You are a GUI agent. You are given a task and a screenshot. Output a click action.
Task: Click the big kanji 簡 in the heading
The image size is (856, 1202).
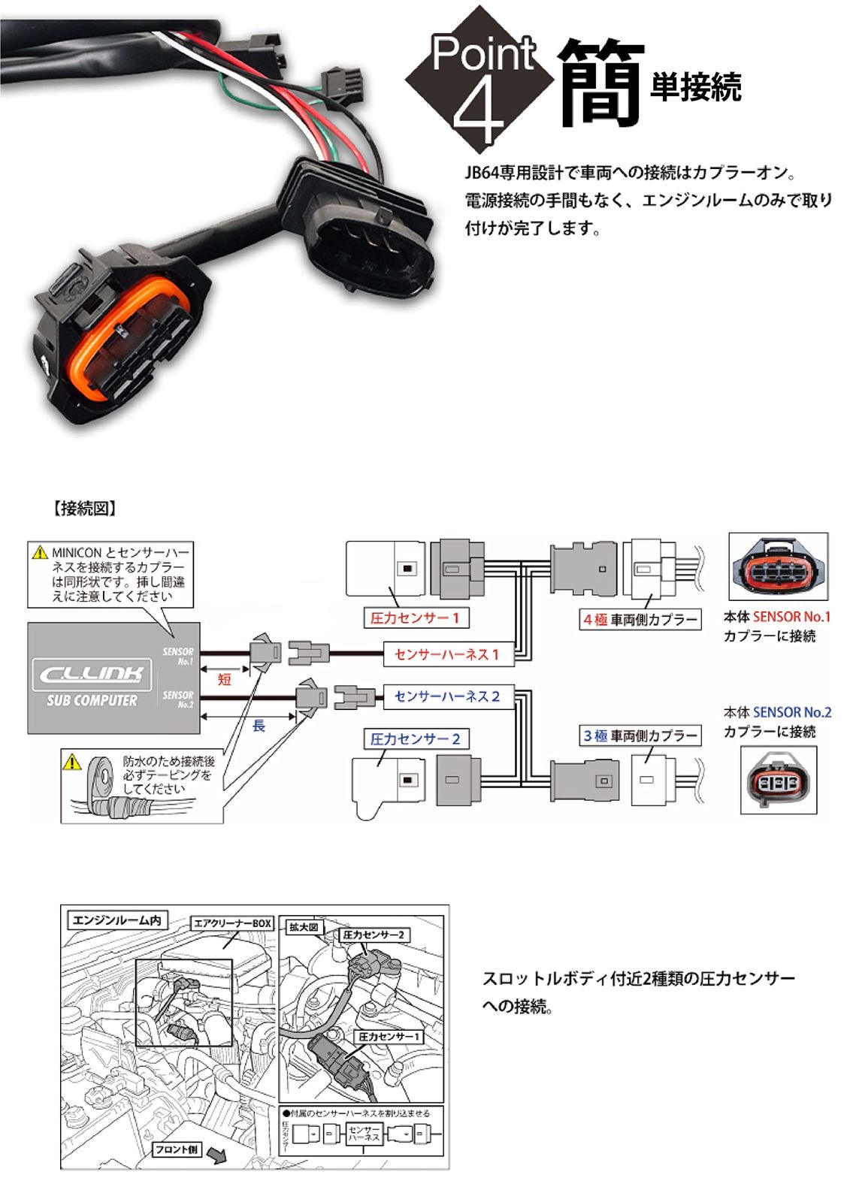[601, 83]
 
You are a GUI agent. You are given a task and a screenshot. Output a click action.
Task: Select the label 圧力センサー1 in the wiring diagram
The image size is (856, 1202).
[414, 618]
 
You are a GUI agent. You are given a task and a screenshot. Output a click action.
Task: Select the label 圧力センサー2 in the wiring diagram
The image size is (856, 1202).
[415, 739]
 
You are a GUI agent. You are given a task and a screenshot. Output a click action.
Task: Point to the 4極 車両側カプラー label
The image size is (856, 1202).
[640, 620]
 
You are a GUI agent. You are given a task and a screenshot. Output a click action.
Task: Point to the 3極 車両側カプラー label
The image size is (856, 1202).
[640, 735]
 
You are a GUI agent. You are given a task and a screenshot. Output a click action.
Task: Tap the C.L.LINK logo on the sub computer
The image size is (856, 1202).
[92, 673]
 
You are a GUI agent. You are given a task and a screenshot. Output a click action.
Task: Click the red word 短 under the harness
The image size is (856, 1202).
[224, 679]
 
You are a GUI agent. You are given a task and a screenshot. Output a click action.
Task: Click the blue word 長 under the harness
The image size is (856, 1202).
[259, 725]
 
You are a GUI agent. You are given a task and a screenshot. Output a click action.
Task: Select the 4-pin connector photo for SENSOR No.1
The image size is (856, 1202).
[778, 567]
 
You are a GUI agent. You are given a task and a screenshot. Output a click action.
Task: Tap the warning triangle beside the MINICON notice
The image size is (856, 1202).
[40, 553]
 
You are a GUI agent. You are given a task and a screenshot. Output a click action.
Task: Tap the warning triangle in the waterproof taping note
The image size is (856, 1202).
[72, 763]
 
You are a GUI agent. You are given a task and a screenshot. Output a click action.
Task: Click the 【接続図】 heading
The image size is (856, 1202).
[85, 509]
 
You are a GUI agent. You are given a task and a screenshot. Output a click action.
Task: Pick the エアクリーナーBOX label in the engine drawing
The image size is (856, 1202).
[232, 923]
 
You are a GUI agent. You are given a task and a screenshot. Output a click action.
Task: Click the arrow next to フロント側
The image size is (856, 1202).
[216, 1155]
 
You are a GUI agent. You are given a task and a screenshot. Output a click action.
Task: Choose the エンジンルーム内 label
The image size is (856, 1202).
[116, 920]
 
